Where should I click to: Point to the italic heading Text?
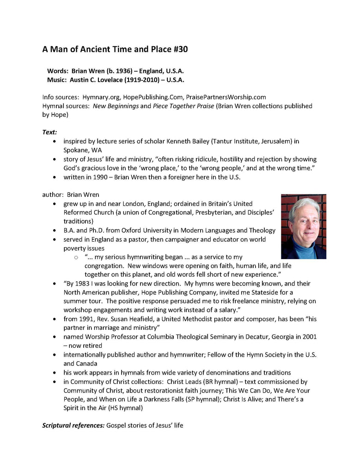click(x=50, y=132)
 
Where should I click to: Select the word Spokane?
click(x=77, y=150)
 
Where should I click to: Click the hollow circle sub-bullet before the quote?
click(x=76, y=257)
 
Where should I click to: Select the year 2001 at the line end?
click(x=309, y=337)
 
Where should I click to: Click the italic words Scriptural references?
click(x=73, y=425)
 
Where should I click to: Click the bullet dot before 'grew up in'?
click(x=56, y=204)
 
